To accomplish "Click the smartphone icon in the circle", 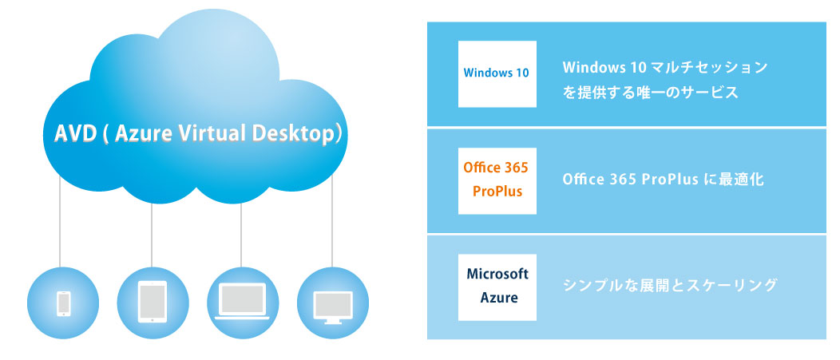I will click(64, 303).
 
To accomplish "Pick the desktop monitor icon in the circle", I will click(331, 304).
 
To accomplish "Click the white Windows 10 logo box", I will click(497, 73).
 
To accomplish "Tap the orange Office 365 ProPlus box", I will click(497, 180).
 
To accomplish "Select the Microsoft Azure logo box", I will click(497, 287).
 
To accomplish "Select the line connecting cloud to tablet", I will click(152, 231).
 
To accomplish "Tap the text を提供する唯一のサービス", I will click(651, 92).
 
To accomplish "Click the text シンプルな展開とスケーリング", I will click(670, 285).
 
